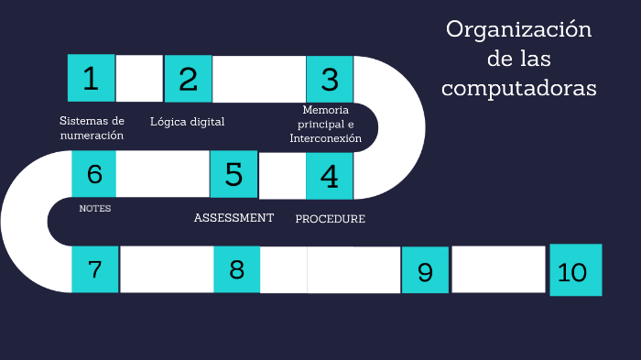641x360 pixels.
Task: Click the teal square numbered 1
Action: click(x=91, y=78)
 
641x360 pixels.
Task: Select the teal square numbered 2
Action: click(x=188, y=79)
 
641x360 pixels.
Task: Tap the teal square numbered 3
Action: click(x=330, y=79)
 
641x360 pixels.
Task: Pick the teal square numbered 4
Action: click(x=330, y=175)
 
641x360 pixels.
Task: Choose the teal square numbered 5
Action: click(x=234, y=174)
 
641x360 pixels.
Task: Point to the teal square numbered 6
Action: click(x=94, y=173)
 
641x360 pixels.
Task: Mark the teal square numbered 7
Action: click(x=94, y=269)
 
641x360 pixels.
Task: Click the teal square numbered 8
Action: click(x=237, y=269)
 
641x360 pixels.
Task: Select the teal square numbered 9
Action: click(x=425, y=271)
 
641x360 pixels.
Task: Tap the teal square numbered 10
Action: click(x=575, y=270)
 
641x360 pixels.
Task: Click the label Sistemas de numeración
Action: click(x=92, y=128)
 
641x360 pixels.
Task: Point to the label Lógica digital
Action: click(x=188, y=122)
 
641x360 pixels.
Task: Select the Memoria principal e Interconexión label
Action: click(x=326, y=125)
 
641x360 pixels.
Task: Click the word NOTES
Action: click(x=94, y=208)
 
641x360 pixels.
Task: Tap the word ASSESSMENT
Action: click(x=234, y=218)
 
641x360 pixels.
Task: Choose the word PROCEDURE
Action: click(x=330, y=219)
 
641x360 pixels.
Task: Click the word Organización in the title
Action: click(x=518, y=31)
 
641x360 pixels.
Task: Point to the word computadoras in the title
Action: click(x=518, y=88)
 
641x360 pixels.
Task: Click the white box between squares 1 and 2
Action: click(x=139, y=79)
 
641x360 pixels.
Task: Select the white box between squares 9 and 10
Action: click(x=499, y=270)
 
